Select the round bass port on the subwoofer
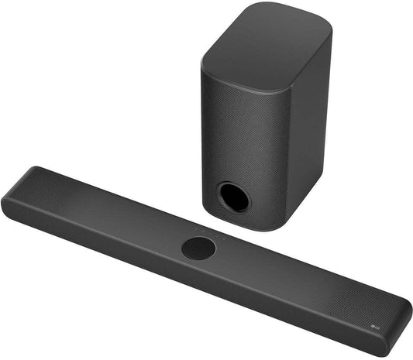[233, 196]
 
